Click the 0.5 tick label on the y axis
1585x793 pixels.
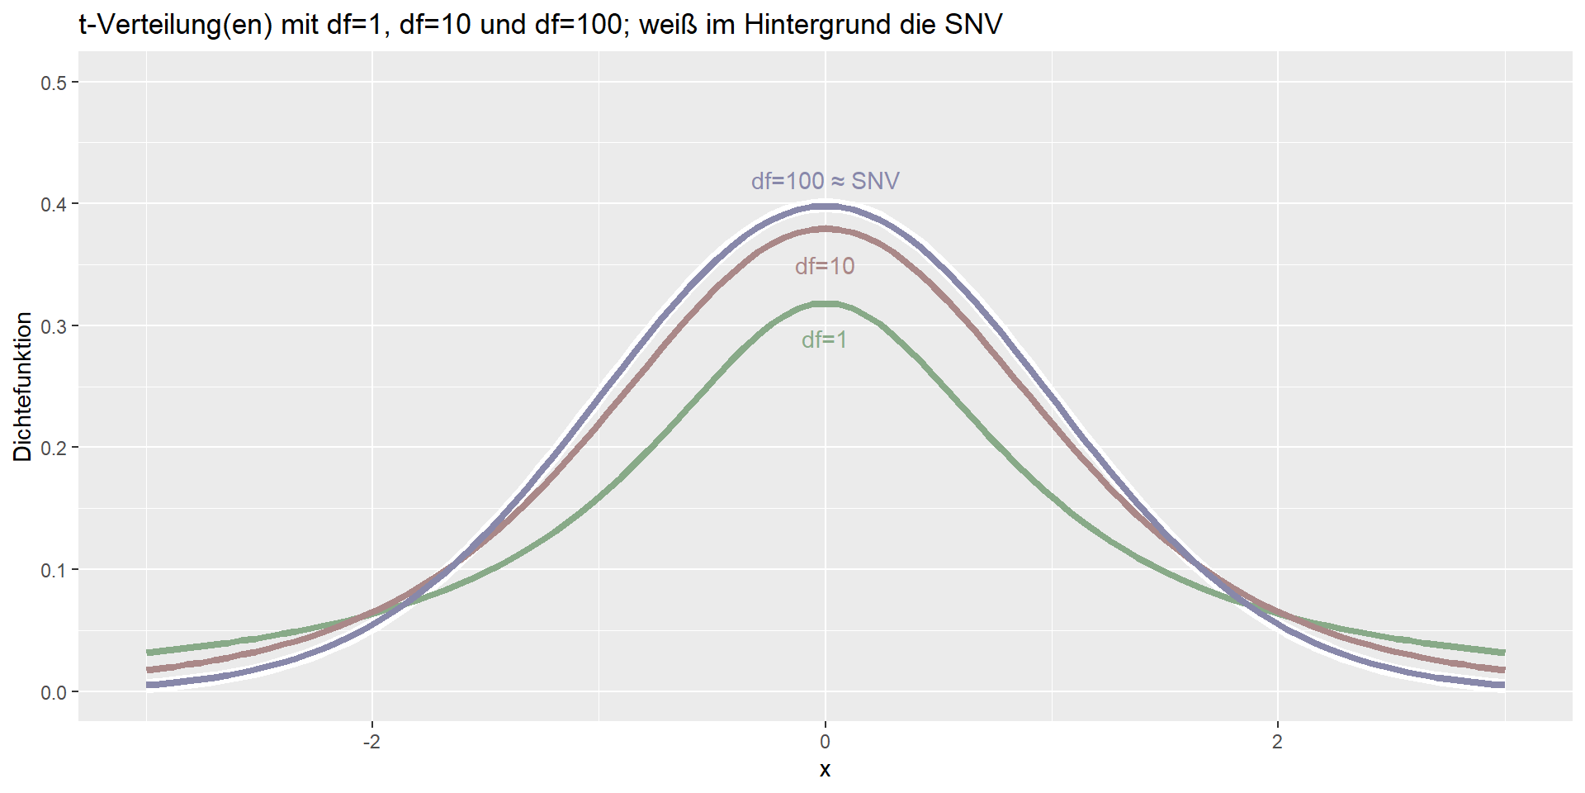click(x=54, y=83)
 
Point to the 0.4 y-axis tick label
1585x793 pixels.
click(x=54, y=204)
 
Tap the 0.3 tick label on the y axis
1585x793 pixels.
click(x=54, y=326)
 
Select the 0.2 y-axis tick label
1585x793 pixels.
click(x=54, y=448)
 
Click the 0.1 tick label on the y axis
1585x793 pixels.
click(x=54, y=570)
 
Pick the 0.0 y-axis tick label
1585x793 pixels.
click(x=54, y=692)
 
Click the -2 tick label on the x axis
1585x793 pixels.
click(x=371, y=742)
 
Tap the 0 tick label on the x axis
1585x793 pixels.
click(x=825, y=742)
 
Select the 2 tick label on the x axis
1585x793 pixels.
click(x=1277, y=742)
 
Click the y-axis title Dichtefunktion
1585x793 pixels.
click(x=23, y=387)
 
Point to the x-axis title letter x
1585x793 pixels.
click(x=825, y=770)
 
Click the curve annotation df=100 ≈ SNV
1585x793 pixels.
click(x=825, y=181)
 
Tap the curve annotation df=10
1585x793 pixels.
click(x=825, y=266)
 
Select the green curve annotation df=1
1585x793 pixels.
click(x=824, y=340)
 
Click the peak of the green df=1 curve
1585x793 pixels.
click(x=825, y=304)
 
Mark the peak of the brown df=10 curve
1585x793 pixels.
click(x=825, y=229)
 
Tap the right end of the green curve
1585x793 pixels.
click(x=1502, y=653)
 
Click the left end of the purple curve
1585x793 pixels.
click(x=149, y=685)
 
